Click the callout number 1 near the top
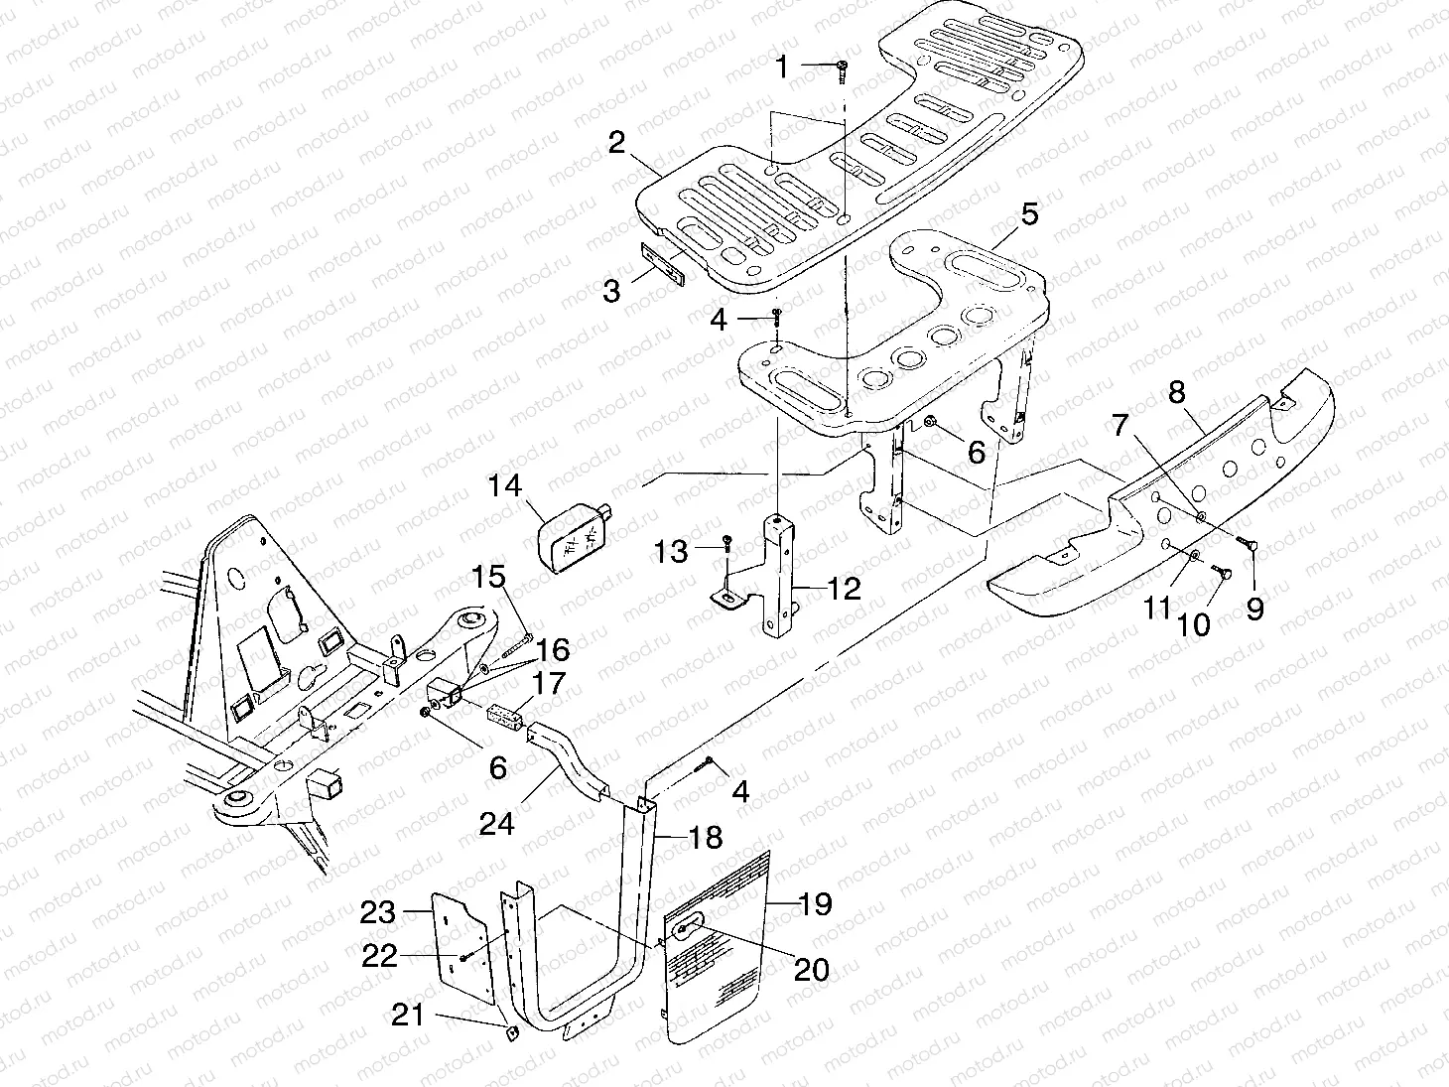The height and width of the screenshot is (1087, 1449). (x=782, y=68)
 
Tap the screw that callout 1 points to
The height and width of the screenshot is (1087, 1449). (x=843, y=68)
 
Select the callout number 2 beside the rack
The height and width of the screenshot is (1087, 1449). (x=617, y=143)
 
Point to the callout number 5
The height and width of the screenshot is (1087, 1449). (x=1030, y=213)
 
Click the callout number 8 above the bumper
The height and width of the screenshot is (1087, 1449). (x=1177, y=392)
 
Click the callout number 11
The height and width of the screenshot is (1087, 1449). (x=1155, y=608)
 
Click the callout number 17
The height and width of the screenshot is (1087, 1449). (x=549, y=684)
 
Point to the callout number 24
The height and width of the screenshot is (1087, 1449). (x=497, y=823)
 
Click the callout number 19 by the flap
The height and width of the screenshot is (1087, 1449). (x=815, y=905)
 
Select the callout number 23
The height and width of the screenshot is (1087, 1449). (x=378, y=911)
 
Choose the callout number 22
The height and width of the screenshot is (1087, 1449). (x=378, y=956)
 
